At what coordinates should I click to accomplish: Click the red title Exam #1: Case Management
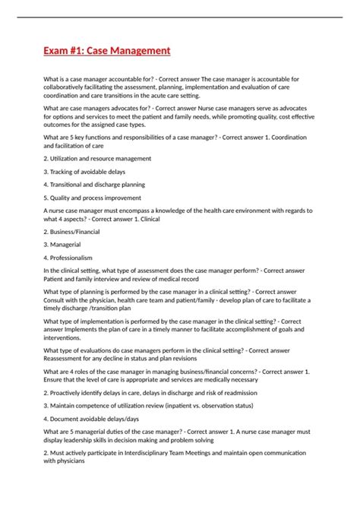pos(106,51)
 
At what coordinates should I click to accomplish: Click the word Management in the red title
pos(140,51)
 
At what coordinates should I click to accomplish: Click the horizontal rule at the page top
pos(180,17)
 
